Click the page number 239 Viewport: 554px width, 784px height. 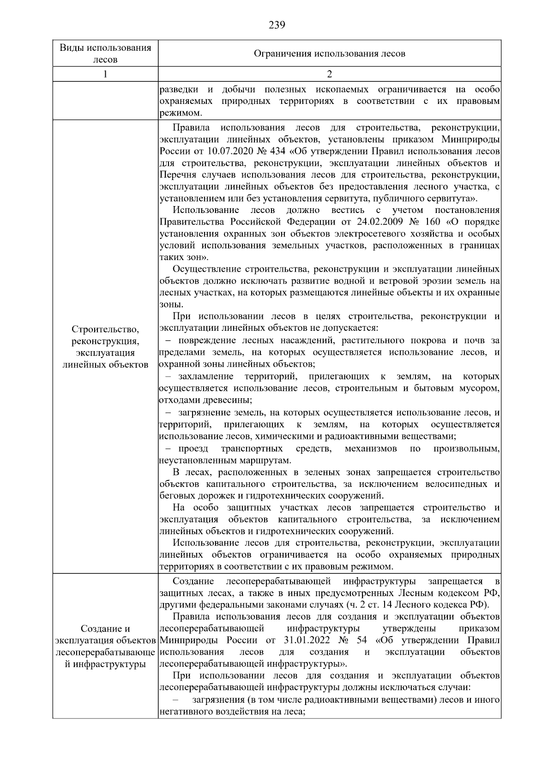tap(277, 25)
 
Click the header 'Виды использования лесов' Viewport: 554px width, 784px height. tap(105, 54)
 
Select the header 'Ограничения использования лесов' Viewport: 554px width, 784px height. tap(329, 54)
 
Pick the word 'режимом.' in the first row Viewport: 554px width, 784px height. tap(181, 113)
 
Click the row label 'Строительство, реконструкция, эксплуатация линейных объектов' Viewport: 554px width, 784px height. tap(105, 346)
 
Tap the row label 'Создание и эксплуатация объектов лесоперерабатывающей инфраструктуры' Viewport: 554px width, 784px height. tap(105, 646)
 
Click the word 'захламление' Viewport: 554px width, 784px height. tap(206, 377)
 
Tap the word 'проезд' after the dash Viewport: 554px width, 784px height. tap(193, 449)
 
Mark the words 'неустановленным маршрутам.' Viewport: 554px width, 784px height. tap(225, 461)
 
